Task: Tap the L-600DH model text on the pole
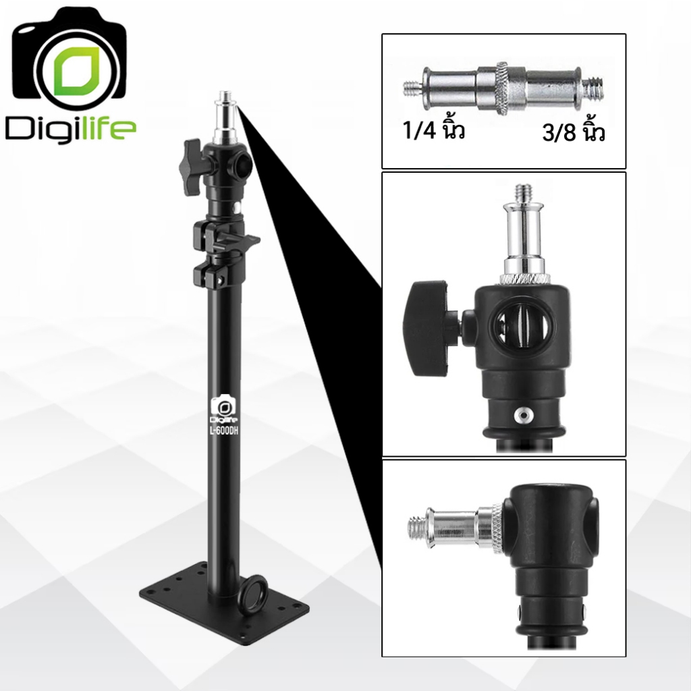[224, 430]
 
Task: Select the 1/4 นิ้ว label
[434, 130]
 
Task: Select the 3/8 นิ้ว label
[574, 131]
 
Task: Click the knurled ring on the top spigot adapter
[501, 88]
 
